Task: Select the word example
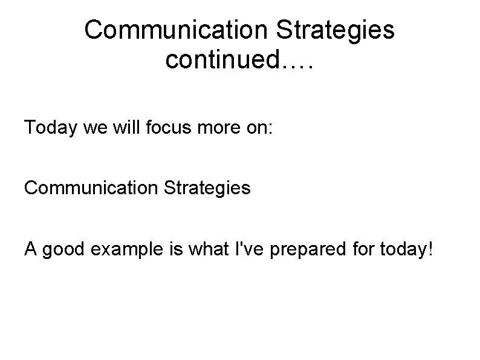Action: (122, 249)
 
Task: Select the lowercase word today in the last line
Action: (392, 249)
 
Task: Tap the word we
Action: (92, 128)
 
